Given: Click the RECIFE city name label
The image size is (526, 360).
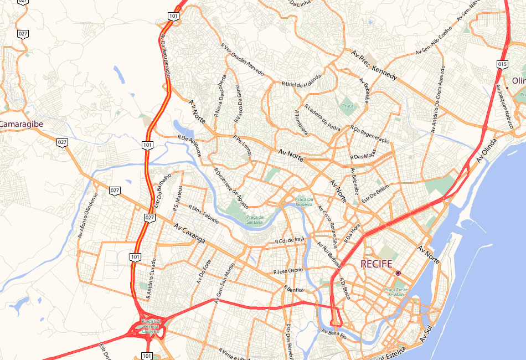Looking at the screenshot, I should (x=376, y=264).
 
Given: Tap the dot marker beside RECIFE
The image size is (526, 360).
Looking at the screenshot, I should (x=398, y=273).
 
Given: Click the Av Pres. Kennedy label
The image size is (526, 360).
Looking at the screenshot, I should (x=374, y=65).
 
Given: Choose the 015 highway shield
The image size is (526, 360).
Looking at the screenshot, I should (x=502, y=65).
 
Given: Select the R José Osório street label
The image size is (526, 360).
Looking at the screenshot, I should (x=288, y=271).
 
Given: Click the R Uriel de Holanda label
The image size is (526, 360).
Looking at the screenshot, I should (x=301, y=80).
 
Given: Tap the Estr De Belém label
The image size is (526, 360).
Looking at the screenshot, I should (x=375, y=193).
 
